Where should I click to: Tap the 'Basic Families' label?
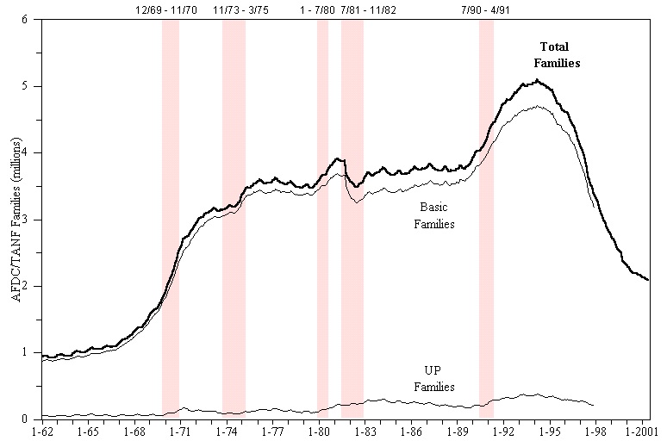433,215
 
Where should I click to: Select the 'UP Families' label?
433,380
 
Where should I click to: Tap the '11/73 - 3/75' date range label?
234,10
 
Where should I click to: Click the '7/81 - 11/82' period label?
368,10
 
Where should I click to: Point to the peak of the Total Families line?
538,81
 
